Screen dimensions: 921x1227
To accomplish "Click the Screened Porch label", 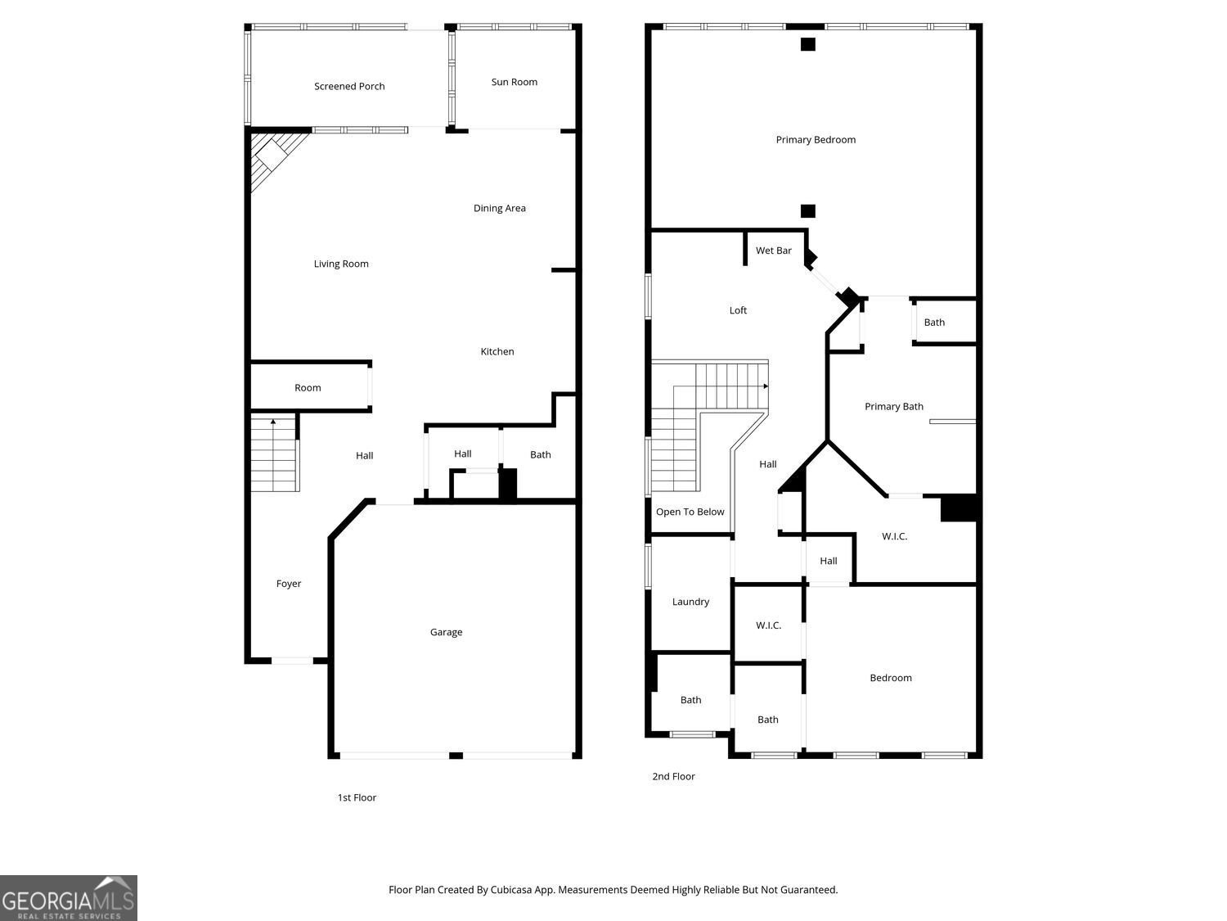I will pyautogui.click(x=349, y=86).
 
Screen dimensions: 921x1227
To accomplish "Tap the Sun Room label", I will pyautogui.click(x=514, y=82).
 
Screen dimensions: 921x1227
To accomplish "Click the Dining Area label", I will pyautogui.click(x=499, y=208).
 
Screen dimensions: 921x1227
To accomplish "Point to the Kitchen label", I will pyautogui.click(x=497, y=351).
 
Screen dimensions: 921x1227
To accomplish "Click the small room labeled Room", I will pyautogui.click(x=308, y=387).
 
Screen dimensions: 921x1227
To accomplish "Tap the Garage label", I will pyautogui.click(x=446, y=632).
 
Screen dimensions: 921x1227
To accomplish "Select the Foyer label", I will pyautogui.click(x=288, y=584).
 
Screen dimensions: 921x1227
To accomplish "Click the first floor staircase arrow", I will pyautogui.click(x=272, y=422).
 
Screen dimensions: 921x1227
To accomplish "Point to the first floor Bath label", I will pyautogui.click(x=540, y=454).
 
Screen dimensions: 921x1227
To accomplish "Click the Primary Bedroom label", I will pyautogui.click(x=816, y=140).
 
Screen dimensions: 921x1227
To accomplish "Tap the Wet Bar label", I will pyautogui.click(x=773, y=251).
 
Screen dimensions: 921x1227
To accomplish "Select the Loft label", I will pyautogui.click(x=738, y=310).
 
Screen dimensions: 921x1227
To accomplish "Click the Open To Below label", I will pyautogui.click(x=690, y=512).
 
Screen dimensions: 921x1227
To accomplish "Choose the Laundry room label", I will pyautogui.click(x=690, y=602).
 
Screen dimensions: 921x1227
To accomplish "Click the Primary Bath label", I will pyautogui.click(x=893, y=406).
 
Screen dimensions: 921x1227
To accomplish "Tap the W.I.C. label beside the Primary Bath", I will pyautogui.click(x=894, y=536).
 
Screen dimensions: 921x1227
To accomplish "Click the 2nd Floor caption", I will pyautogui.click(x=673, y=776).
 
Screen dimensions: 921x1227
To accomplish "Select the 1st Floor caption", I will pyautogui.click(x=357, y=797).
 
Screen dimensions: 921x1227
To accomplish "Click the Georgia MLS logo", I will pyautogui.click(x=69, y=899).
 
